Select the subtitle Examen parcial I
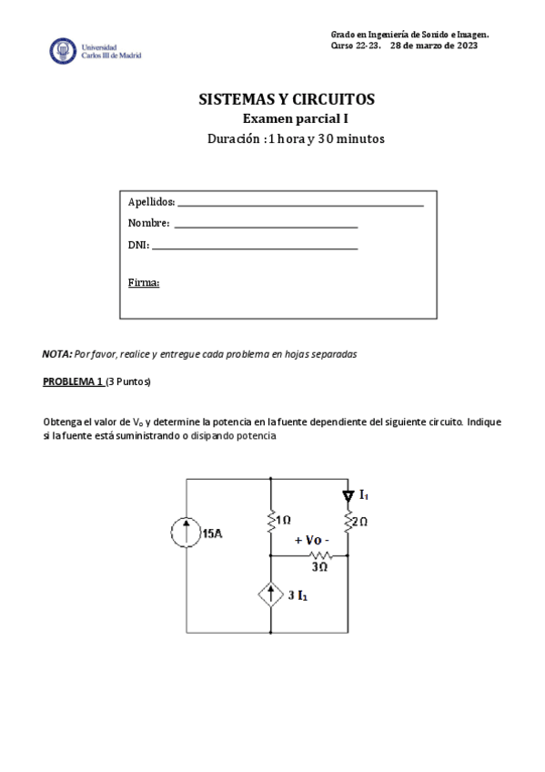pyautogui.click(x=295, y=119)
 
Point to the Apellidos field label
pyautogui.click(x=151, y=202)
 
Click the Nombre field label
pyautogui.click(x=148, y=223)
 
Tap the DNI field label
pyautogui.click(x=138, y=244)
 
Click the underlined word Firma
pyautogui.click(x=144, y=282)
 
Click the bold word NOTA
pyautogui.click(x=56, y=354)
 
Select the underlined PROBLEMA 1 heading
pyautogui.click(x=73, y=381)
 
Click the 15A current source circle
pyautogui.click(x=187, y=533)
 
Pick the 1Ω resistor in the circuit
pyautogui.click(x=271, y=521)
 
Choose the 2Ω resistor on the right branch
pyautogui.click(x=348, y=523)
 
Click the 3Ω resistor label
pyautogui.click(x=319, y=566)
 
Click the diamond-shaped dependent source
pyautogui.click(x=271, y=595)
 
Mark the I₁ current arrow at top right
pyautogui.click(x=348, y=496)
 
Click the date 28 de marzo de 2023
pyautogui.click(x=433, y=46)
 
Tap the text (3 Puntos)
pyautogui.click(x=128, y=381)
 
